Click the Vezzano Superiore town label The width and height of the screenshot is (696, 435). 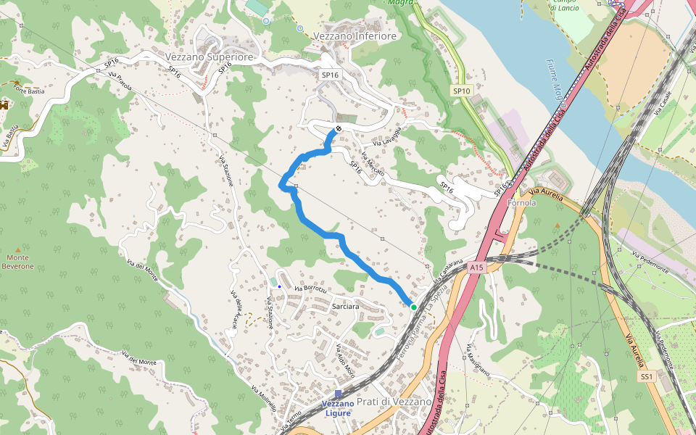point(210,57)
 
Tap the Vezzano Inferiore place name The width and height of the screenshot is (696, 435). point(355,36)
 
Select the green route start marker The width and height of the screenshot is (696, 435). point(414,307)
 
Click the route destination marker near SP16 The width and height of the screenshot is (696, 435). point(339,129)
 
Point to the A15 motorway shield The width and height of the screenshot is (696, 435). point(476,268)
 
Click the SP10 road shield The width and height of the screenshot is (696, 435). point(462,91)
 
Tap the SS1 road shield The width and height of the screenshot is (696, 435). point(647,377)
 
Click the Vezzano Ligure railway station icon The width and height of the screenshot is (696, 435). point(338,394)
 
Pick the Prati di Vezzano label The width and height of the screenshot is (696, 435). point(394,401)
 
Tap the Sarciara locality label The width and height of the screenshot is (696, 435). point(345,307)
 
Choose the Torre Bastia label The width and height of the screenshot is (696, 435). point(30,91)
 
